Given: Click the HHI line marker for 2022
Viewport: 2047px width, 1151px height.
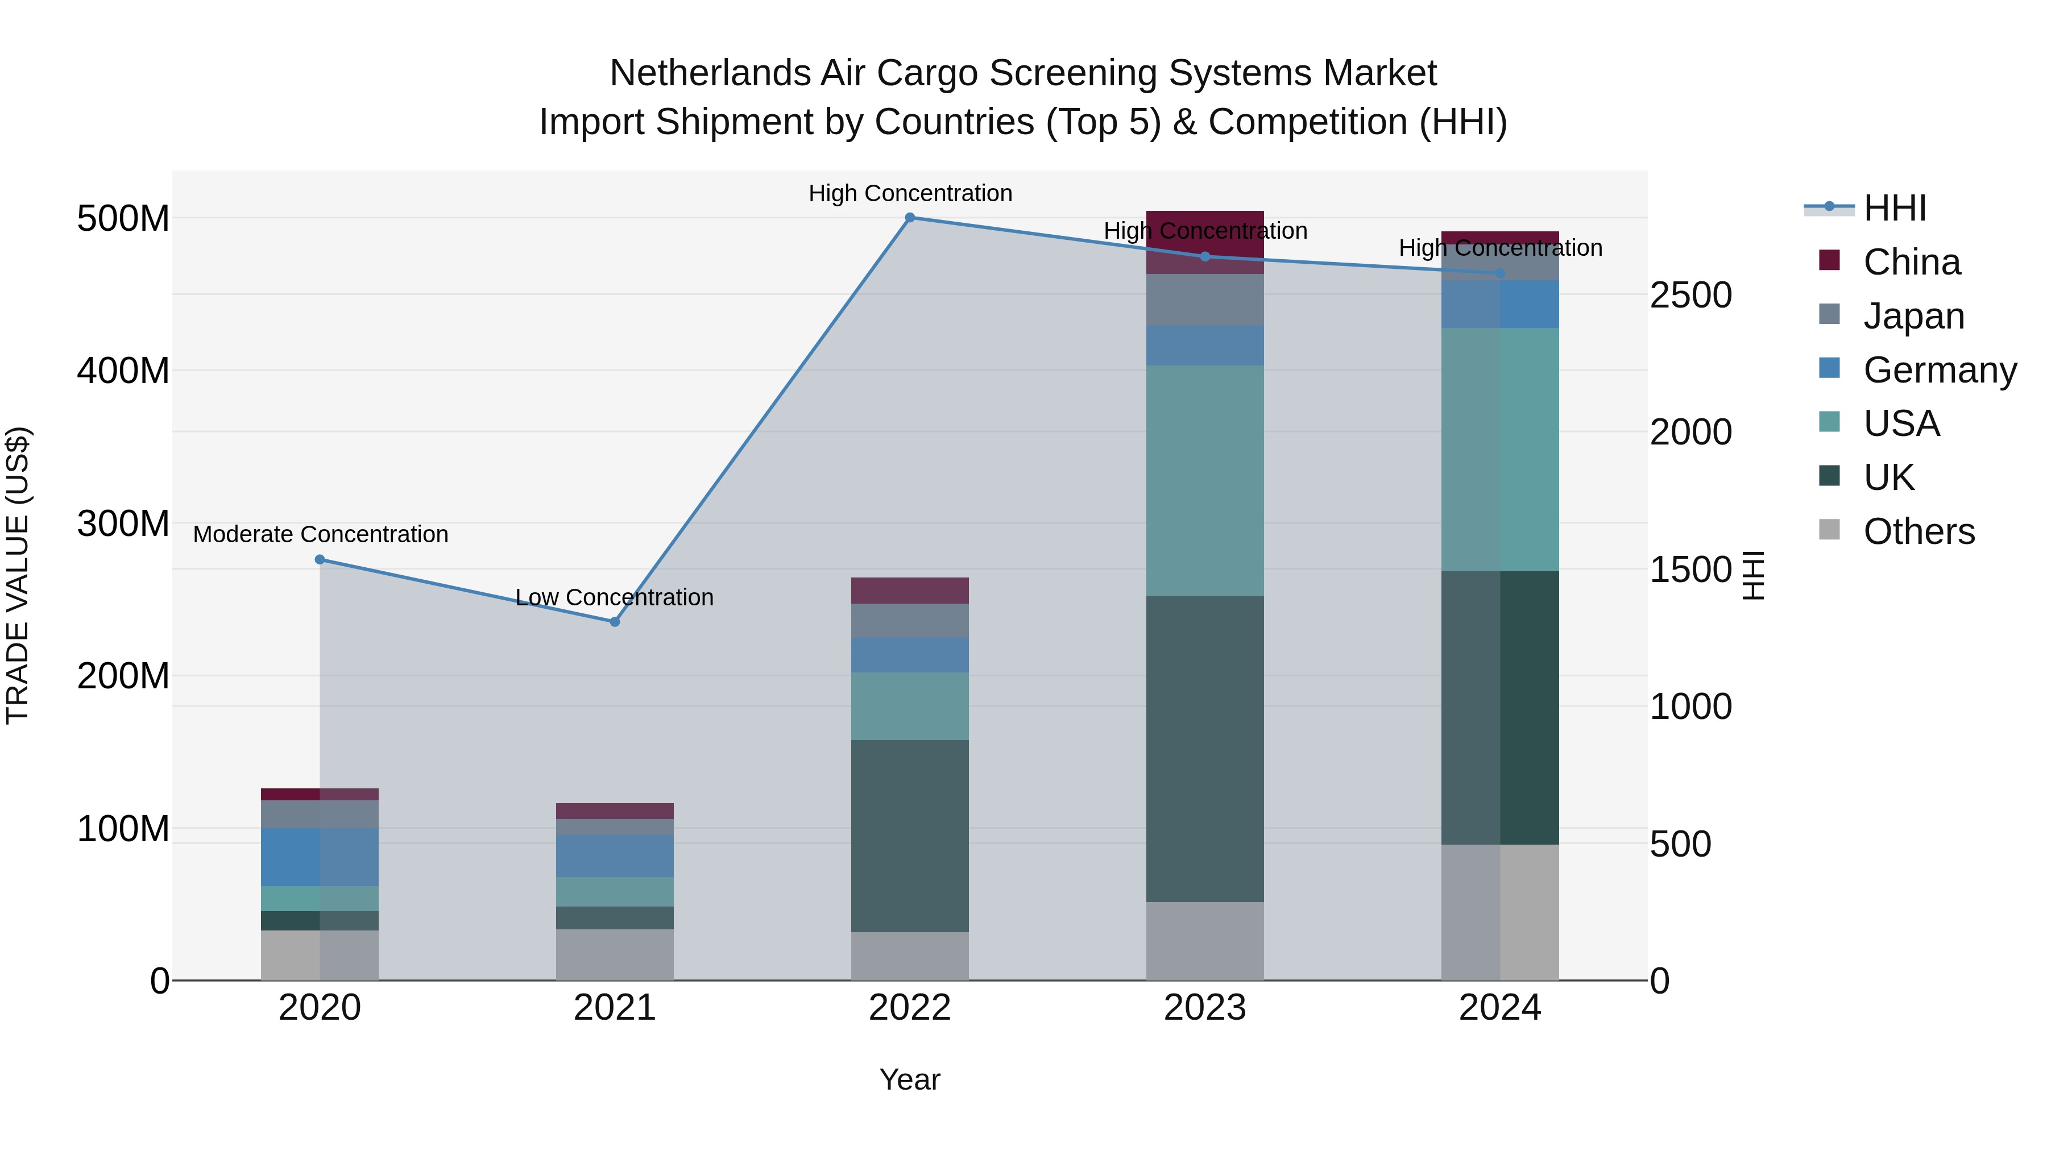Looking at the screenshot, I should click(910, 218).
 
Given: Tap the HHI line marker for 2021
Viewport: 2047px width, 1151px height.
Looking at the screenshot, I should click(614, 622).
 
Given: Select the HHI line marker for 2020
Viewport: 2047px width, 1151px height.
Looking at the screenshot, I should click(320, 560).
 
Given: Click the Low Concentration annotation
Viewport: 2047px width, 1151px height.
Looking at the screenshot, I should click(614, 597).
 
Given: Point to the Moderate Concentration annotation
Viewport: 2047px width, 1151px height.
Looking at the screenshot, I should click(320, 535).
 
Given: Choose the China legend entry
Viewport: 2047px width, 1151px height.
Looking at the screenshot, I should click(1911, 262).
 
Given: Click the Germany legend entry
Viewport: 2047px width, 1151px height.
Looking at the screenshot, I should click(1939, 370).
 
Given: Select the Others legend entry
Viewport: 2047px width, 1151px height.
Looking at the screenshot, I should click(1918, 531).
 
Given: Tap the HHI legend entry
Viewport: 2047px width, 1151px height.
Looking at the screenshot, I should click(1895, 208).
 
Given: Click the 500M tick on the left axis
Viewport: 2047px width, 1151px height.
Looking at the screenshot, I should click(123, 218).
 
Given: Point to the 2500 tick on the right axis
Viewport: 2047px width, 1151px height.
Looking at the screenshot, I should click(1691, 296).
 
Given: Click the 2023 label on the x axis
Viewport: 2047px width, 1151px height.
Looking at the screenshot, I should click(1205, 1008).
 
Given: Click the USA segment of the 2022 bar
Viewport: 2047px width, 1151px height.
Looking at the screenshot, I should click(910, 706).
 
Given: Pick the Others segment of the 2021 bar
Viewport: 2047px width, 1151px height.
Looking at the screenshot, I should click(614, 955).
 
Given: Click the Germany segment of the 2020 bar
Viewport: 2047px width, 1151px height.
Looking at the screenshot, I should click(320, 857).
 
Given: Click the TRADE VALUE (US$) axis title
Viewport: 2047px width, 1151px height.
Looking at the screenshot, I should click(18, 575).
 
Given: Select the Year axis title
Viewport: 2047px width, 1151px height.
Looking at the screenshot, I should click(910, 1081).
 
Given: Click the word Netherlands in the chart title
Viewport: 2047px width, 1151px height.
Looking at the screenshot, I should click(710, 73).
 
